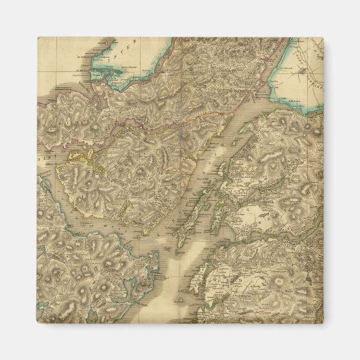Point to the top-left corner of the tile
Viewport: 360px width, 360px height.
point(37,38)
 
